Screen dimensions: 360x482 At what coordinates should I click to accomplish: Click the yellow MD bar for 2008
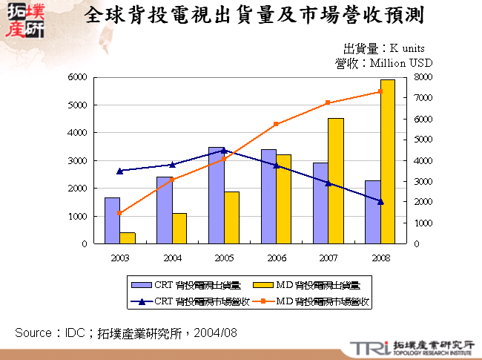coord(387,162)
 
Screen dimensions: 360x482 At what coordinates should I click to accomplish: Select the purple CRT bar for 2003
coord(112,220)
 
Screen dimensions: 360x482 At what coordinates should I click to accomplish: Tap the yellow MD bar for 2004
coord(179,229)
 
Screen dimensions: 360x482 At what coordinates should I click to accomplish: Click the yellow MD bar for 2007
coord(335,181)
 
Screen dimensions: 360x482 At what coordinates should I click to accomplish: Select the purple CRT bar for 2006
coord(268,197)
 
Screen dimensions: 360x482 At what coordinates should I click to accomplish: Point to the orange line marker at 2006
coord(276,124)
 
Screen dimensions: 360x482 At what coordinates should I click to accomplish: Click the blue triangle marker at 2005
coord(224,151)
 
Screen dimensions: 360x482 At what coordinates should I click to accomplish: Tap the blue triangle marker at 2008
coord(380,202)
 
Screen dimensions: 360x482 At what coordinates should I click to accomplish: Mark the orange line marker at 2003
coord(120,213)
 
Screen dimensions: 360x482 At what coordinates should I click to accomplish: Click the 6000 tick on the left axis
coord(78,77)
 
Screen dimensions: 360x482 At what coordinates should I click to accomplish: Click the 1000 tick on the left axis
coord(78,216)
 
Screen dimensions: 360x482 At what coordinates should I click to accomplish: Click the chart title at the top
coord(255,16)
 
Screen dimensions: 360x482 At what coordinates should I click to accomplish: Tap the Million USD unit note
coord(383,64)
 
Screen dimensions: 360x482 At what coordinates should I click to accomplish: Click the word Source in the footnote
coord(33,333)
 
